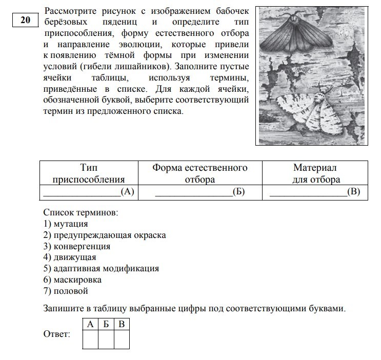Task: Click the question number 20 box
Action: (25, 21)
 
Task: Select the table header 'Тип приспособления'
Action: (89, 173)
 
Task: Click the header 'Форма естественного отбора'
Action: (200, 173)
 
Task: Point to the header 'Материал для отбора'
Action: (316, 173)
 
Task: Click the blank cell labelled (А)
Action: (89, 192)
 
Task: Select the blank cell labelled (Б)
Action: (200, 192)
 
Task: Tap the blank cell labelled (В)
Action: (315, 192)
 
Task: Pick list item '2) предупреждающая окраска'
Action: (105, 235)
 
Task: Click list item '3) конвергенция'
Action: (77, 246)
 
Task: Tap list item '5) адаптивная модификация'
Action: (101, 268)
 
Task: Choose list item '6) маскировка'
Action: (72, 279)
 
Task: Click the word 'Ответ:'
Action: (57, 334)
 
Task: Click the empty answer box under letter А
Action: (90, 339)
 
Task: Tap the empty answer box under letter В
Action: (122, 339)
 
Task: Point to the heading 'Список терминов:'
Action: (81, 212)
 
